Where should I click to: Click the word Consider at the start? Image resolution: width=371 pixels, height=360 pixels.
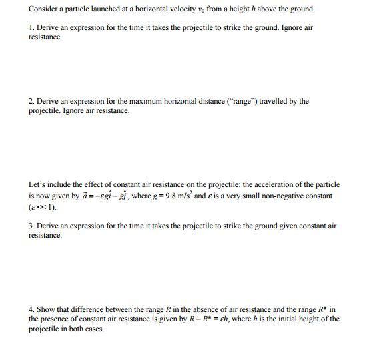[x=43, y=9]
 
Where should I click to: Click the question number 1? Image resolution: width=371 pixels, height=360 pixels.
[x=31, y=29]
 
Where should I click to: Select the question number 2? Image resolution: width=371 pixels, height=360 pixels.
[x=31, y=101]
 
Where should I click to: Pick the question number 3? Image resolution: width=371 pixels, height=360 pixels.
[x=31, y=226]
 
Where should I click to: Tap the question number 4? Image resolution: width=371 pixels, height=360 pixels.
[x=31, y=309]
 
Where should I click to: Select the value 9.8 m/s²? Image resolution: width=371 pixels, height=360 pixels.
[x=192, y=196]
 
